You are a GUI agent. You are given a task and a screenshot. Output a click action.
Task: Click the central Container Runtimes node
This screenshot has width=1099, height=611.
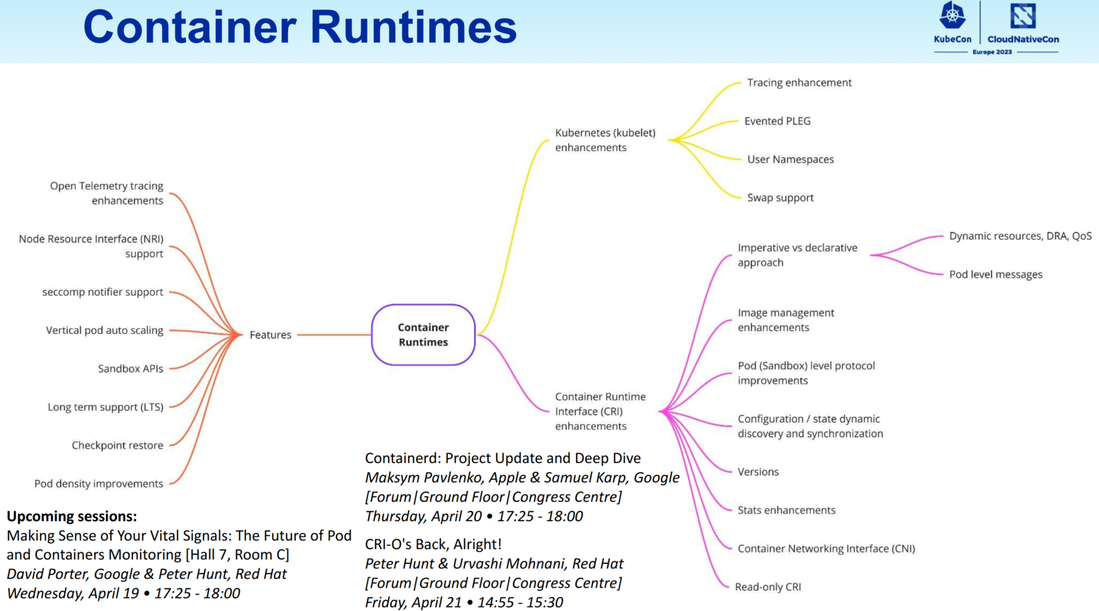(x=423, y=335)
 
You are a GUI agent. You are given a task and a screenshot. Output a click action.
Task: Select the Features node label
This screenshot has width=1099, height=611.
(x=271, y=335)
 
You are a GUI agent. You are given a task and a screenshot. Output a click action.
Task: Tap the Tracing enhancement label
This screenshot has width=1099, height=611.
(x=799, y=83)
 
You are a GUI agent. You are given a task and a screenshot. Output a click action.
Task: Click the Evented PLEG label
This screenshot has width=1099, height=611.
(x=777, y=121)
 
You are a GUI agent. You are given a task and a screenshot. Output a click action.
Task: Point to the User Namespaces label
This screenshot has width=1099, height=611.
(x=790, y=160)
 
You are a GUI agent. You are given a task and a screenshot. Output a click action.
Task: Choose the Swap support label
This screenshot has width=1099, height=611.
(x=780, y=198)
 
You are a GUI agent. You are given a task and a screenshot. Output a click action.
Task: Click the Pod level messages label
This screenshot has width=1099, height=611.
(x=996, y=274)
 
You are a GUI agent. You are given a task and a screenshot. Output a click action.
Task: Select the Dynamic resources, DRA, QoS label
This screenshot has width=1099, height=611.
(x=1020, y=236)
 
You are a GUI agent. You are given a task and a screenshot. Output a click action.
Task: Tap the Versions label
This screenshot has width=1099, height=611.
(x=758, y=472)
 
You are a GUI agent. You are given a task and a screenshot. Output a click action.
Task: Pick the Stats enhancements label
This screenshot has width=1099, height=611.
(x=786, y=510)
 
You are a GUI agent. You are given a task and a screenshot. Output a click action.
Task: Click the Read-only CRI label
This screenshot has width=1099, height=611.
(x=768, y=587)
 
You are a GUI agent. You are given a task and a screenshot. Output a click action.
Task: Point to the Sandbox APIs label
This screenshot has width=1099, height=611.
(x=130, y=369)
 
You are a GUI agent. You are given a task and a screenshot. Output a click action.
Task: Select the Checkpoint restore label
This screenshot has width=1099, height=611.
(x=118, y=446)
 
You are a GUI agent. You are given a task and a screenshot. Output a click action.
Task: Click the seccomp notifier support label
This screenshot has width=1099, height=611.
(x=103, y=292)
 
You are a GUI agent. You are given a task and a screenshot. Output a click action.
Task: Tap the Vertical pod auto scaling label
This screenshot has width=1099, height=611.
(x=105, y=331)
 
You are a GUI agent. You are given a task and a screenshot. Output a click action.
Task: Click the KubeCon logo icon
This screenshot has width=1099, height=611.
(x=952, y=16)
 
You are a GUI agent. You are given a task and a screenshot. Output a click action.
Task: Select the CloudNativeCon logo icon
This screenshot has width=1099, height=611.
(x=1023, y=16)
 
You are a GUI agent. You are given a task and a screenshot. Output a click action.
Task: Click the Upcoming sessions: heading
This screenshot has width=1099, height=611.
(x=72, y=517)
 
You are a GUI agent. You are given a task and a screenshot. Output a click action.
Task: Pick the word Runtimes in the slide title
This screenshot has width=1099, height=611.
(x=413, y=28)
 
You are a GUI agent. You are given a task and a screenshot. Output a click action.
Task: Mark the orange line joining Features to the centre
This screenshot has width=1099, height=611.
(x=334, y=335)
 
